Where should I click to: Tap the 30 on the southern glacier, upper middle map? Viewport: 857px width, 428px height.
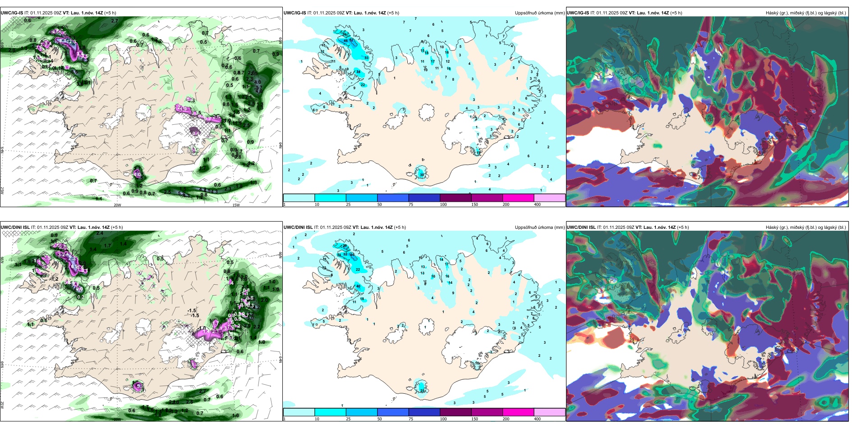(422, 175)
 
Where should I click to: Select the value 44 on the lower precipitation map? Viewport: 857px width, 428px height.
(352, 255)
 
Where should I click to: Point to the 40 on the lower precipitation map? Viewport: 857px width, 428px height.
(359, 286)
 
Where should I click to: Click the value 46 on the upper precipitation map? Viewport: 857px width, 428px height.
(346, 41)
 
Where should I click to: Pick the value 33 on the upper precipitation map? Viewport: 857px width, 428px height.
(366, 58)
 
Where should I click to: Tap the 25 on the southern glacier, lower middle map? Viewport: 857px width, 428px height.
(422, 391)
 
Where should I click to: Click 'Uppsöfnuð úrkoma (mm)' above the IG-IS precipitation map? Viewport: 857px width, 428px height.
(539, 13)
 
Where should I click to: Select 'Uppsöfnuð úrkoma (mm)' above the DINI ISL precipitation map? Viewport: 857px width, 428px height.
(539, 228)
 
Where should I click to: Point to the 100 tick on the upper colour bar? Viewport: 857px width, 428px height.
(443, 205)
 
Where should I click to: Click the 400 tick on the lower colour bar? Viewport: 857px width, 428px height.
(537, 419)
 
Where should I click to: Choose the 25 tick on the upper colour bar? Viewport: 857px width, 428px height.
(348, 205)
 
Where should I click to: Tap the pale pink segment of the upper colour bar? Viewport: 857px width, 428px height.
(549, 198)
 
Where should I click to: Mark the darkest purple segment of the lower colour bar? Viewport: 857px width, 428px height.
(456, 412)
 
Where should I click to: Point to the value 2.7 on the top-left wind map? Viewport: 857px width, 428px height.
(114, 21)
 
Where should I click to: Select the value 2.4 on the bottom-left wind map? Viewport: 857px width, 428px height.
(100, 233)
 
